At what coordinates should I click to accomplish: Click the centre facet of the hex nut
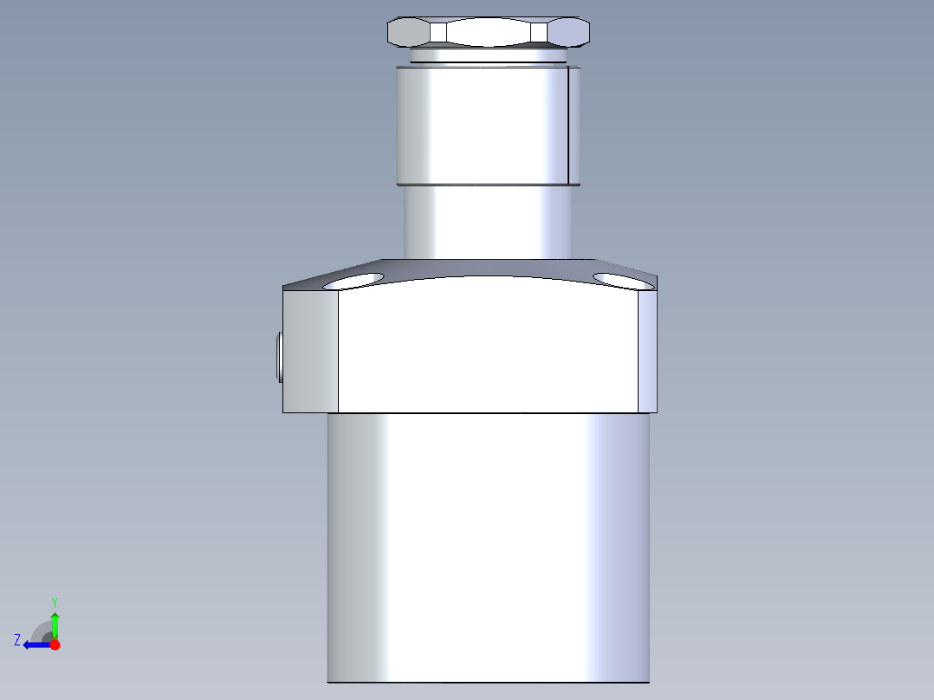pyautogui.click(x=489, y=32)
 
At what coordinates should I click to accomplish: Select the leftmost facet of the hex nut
pyautogui.click(x=408, y=32)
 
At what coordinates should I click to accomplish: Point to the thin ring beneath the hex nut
pyautogui.click(x=489, y=56)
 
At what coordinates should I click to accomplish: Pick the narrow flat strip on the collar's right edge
pyautogui.click(x=573, y=126)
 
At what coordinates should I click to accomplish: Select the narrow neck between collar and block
pyautogui.click(x=489, y=222)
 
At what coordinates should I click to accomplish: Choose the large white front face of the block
pyautogui.click(x=489, y=347)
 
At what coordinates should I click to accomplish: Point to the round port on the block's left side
pyautogui.click(x=278, y=357)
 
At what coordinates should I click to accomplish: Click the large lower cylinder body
pyautogui.click(x=489, y=546)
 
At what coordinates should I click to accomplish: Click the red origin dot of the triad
pyautogui.click(x=55, y=645)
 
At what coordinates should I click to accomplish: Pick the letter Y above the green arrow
pyautogui.click(x=54, y=601)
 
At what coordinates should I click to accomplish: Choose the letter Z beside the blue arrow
pyautogui.click(x=17, y=639)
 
